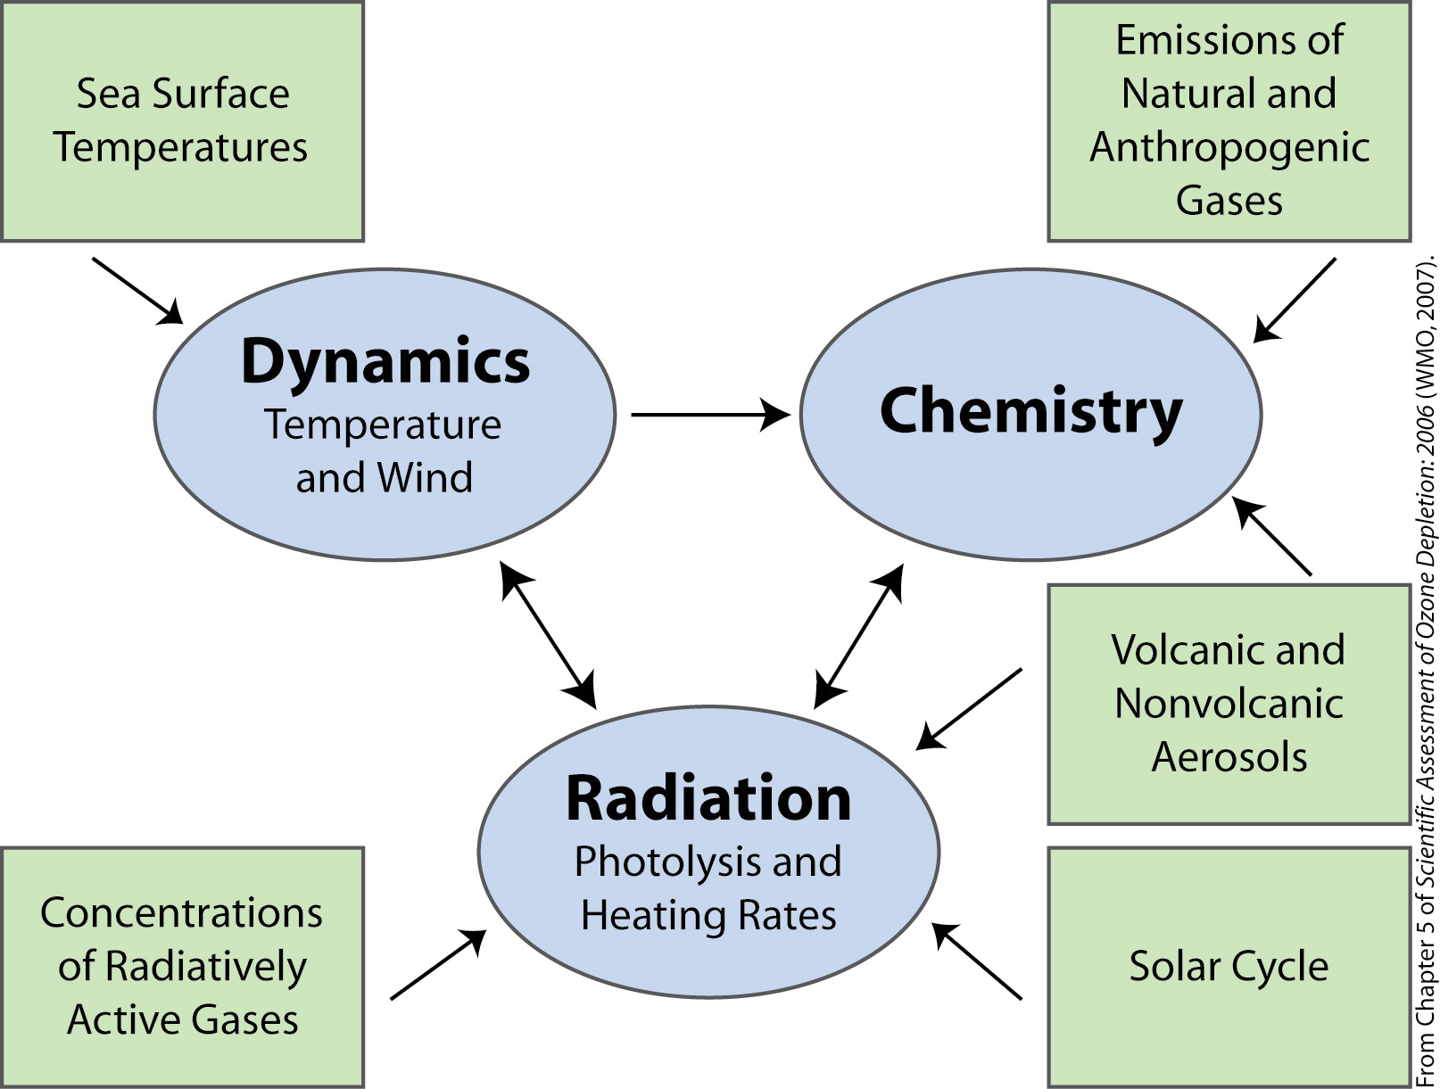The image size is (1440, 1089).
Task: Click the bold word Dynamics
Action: click(385, 362)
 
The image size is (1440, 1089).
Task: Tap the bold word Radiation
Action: click(708, 798)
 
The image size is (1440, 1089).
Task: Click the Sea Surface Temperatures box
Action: click(182, 121)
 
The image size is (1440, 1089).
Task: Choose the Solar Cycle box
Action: click(1229, 967)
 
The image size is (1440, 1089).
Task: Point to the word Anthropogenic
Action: click(1229, 147)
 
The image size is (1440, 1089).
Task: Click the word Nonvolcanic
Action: click(1229, 704)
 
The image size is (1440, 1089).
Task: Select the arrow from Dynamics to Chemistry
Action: click(710, 415)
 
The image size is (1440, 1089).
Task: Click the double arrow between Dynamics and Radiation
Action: click(549, 635)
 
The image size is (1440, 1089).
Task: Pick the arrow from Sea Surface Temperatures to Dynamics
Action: click(138, 291)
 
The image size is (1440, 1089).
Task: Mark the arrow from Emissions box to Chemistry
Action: click(1294, 301)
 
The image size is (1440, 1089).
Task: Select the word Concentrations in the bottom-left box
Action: click(182, 912)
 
